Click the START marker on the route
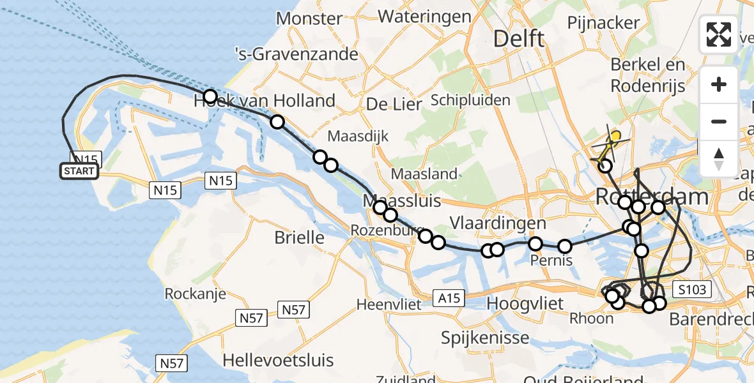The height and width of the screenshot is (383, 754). pos(79,171)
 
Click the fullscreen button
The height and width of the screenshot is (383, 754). pos(719,34)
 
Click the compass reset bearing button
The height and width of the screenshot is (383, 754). pos(719,158)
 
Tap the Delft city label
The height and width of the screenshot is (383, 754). pos(519,38)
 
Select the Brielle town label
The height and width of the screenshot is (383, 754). pos(299,237)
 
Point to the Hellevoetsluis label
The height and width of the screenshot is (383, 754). pos(278,360)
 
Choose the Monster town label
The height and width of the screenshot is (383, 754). pos(309,19)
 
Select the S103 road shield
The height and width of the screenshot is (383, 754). pos(692,290)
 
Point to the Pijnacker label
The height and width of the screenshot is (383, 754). pos(603,23)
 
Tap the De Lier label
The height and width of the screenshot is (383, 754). pos(394,104)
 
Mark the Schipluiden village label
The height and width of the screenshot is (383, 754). pos(470,100)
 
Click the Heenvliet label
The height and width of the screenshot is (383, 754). pos(389,304)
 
